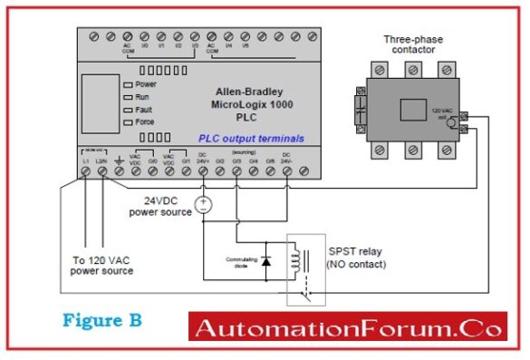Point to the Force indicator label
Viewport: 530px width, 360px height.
point(145,118)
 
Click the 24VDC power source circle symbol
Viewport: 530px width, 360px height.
point(203,204)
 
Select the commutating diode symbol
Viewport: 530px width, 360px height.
point(265,261)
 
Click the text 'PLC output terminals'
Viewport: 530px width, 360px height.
point(252,139)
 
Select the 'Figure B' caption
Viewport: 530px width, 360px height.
point(101,320)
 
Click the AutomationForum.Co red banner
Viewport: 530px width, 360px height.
point(349,327)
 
